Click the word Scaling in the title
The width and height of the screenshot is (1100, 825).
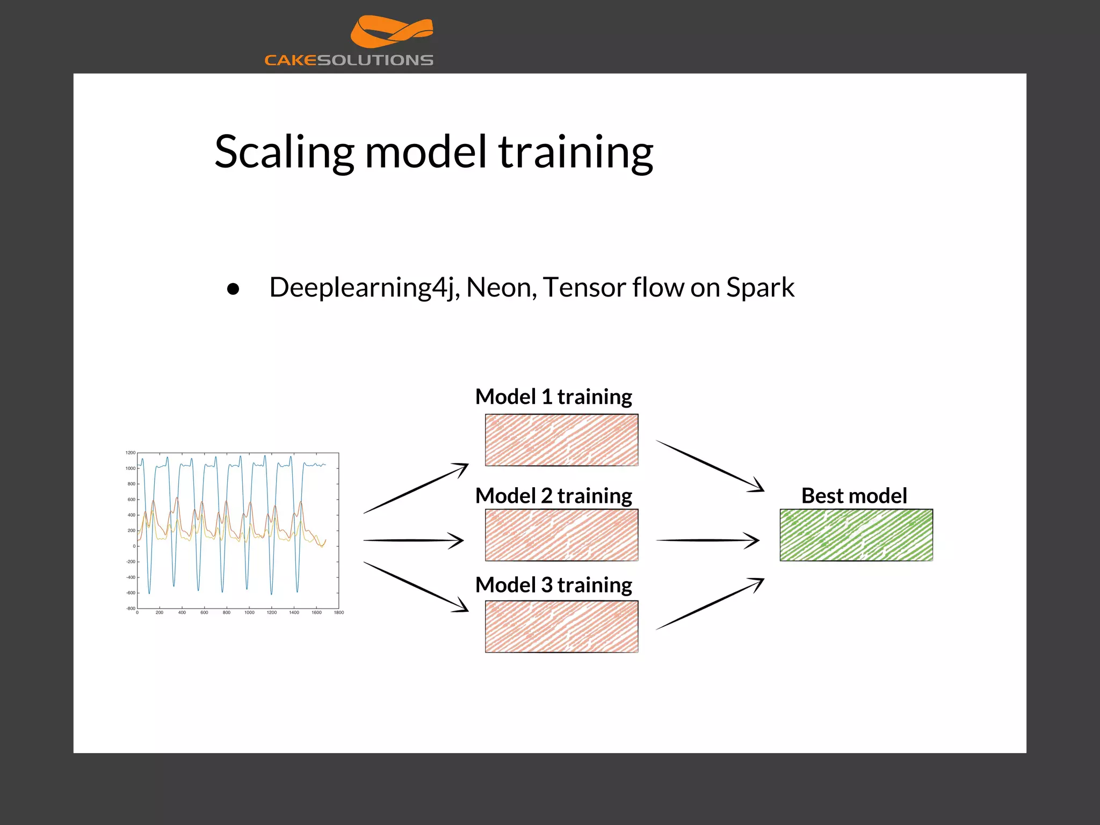coord(284,152)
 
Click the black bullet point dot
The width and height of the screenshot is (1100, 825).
coord(233,290)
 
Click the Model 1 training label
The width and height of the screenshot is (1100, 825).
coord(553,397)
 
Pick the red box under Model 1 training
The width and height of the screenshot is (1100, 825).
coord(561,440)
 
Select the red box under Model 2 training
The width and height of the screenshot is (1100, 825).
coord(561,535)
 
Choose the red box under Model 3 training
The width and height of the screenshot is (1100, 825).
coord(561,626)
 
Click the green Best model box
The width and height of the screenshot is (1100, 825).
coord(856,535)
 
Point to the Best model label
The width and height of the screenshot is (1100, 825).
coord(854,496)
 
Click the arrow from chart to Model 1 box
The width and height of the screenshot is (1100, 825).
coord(416,489)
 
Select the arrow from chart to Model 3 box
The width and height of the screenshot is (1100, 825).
coord(416,587)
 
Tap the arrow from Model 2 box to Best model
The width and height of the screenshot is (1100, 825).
coord(707,540)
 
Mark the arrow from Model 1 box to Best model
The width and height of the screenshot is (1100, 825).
coord(710,465)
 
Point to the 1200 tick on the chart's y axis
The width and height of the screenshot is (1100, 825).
coord(131,453)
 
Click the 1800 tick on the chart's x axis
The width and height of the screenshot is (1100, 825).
coord(338,612)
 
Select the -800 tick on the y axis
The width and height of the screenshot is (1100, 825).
coord(131,609)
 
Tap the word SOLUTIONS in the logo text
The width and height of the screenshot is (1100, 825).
coord(375,60)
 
